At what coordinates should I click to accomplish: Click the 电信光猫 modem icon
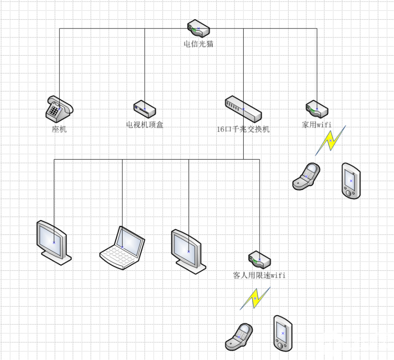coord(198,29)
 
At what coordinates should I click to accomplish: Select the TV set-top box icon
coord(144,108)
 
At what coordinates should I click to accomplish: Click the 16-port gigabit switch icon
coord(243,108)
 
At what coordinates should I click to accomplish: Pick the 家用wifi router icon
coord(316,108)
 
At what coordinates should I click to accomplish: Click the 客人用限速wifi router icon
coord(259,259)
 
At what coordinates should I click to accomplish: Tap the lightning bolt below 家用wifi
coord(330,141)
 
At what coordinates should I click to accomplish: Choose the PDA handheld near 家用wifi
coord(351,181)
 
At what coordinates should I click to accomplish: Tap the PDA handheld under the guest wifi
coord(283,333)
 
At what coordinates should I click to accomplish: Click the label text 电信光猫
coord(198,44)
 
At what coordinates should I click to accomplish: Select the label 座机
coord(59,130)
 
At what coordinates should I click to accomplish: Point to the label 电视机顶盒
coord(144,125)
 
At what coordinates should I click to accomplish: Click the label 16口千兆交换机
coord(243,130)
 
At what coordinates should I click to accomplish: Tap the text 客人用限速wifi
coord(259,275)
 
